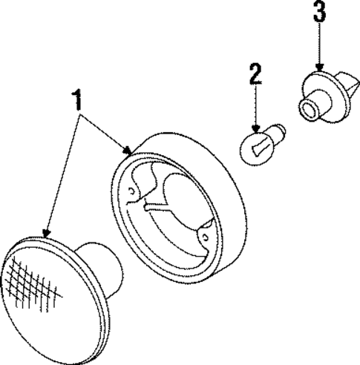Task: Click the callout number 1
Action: [77, 99]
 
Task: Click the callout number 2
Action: [255, 73]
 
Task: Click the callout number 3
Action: [319, 10]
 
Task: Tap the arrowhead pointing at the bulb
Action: [255, 128]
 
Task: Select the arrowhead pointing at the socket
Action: [319, 68]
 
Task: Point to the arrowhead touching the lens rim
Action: [46, 234]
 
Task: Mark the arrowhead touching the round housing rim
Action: [127, 151]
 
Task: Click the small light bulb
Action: [262, 144]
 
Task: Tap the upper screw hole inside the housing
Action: [131, 191]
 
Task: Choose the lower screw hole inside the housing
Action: [205, 237]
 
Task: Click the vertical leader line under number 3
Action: [319, 43]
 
